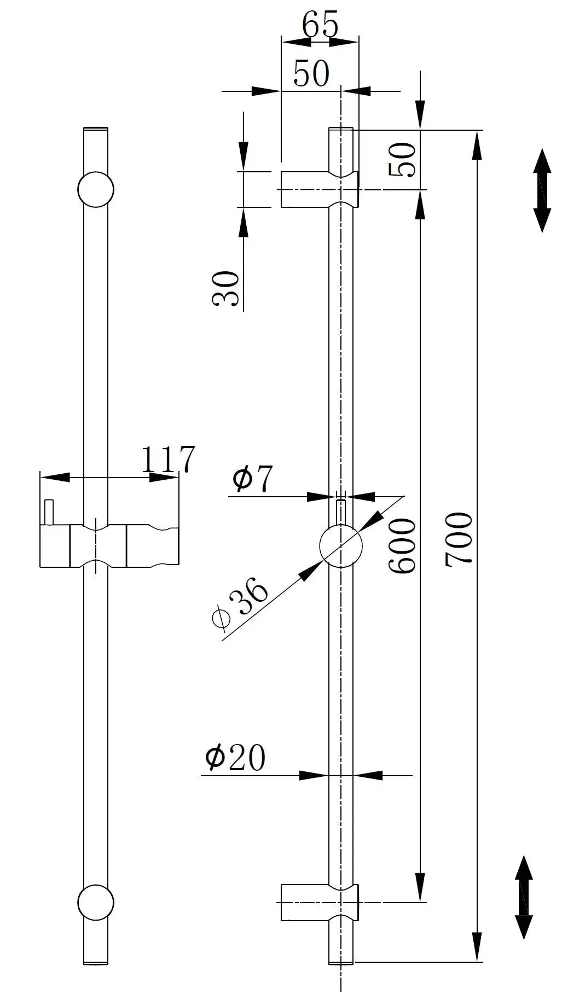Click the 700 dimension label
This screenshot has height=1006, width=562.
click(x=458, y=539)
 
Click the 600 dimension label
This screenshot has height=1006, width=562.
click(x=402, y=546)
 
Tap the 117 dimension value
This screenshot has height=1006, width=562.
click(x=168, y=459)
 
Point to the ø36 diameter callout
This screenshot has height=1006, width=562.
click(x=240, y=603)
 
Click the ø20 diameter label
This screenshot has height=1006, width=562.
click(x=235, y=757)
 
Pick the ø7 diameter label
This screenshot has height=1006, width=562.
click(x=252, y=479)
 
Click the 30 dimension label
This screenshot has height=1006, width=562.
click(x=225, y=289)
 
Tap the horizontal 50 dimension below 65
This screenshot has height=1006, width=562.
click(x=311, y=73)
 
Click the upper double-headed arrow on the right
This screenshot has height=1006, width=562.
click(x=542, y=190)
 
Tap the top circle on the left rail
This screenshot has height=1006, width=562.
click(x=96, y=189)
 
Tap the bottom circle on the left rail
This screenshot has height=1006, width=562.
click(x=96, y=902)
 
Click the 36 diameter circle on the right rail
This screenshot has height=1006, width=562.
click(x=341, y=546)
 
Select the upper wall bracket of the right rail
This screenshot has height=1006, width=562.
click(x=320, y=189)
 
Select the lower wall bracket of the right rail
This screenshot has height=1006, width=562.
click(x=320, y=902)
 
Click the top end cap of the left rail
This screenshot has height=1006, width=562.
click(x=96, y=129)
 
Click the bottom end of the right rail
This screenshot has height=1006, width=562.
click(x=341, y=962)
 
